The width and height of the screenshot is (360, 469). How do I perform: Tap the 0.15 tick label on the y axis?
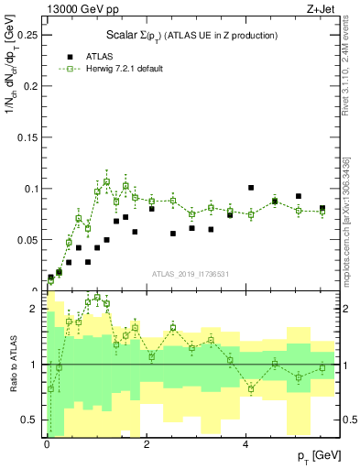pyautogui.click(x=29, y=137)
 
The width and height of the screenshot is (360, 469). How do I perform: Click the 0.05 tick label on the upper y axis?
pyautogui.click(x=29, y=240)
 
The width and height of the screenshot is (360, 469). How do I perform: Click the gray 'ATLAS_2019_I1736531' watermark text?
pyautogui.click(x=190, y=274)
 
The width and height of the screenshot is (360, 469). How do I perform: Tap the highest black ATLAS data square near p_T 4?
pyautogui.click(x=251, y=188)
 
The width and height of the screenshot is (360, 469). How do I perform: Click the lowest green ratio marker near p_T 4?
pyautogui.click(x=251, y=389)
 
